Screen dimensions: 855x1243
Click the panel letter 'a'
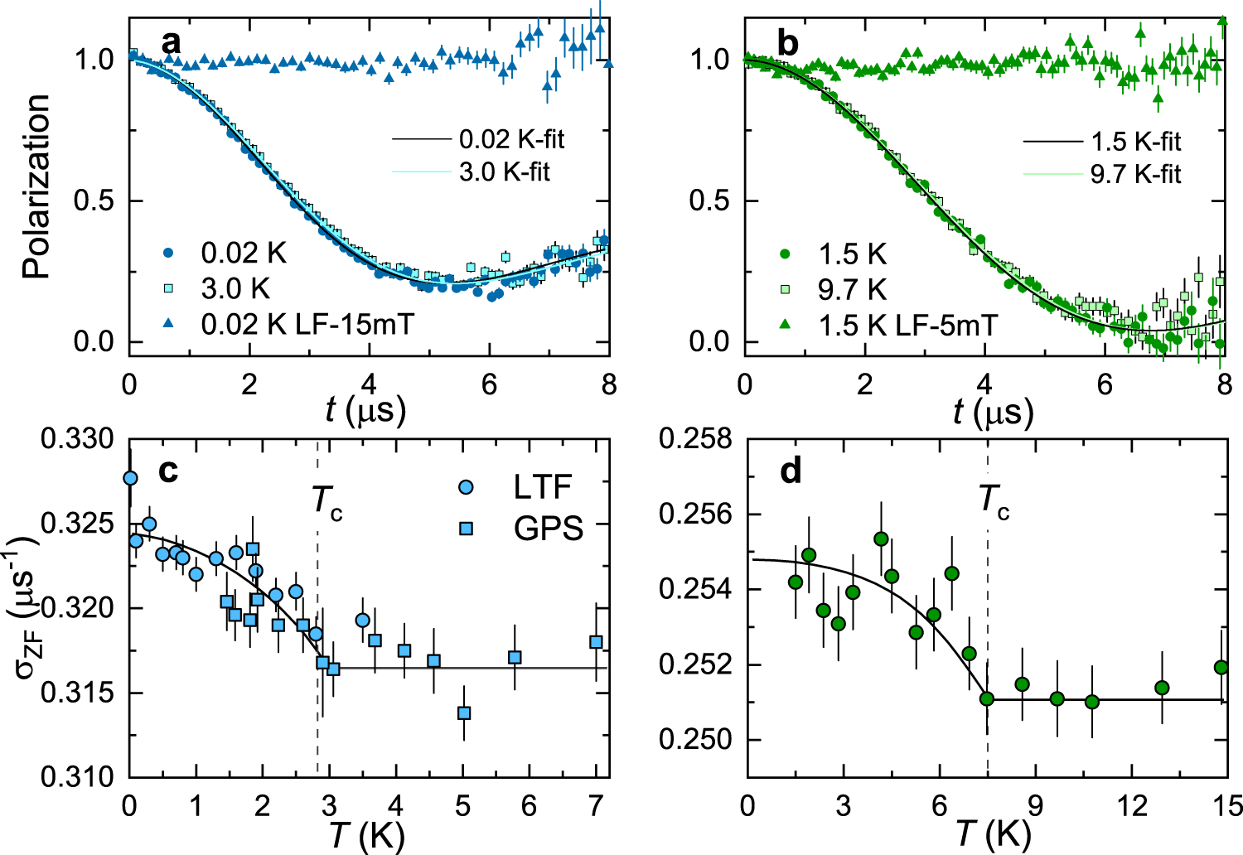pyautogui.click(x=171, y=42)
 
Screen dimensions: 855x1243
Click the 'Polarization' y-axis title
pyautogui.click(x=36, y=186)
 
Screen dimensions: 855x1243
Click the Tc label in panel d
pyautogui.click(x=994, y=500)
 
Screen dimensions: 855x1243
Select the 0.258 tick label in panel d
pyautogui.click(x=695, y=438)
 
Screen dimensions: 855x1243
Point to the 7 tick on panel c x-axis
pyautogui.click(x=596, y=805)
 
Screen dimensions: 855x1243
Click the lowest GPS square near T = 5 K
pyautogui.click(x=464, y=712)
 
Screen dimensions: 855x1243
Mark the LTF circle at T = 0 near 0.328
pyautogui.click(x=130, y=478)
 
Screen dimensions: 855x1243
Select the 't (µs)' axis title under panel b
pyautogui.click(x=993, y=411)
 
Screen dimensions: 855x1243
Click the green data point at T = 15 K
pyautogui.click(x=1221, y=667)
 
